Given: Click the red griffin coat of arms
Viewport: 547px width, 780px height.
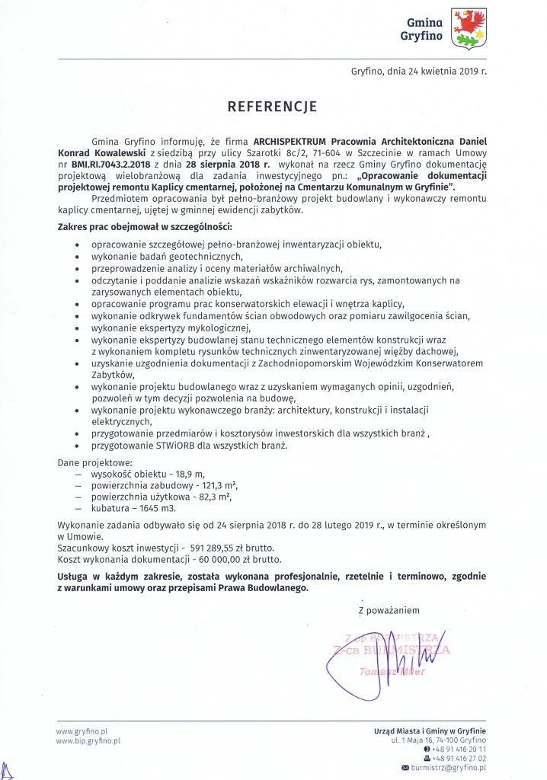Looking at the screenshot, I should point(469,28).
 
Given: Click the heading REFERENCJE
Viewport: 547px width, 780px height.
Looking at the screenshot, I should point(272,107).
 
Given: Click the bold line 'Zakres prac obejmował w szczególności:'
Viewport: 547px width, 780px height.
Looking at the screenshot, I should point(146,228).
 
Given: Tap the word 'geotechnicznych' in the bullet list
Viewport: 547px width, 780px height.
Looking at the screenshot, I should point(182,257).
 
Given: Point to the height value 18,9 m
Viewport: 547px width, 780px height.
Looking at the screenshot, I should point(190,473).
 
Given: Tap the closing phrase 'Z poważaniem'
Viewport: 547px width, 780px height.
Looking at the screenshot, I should point(389,610).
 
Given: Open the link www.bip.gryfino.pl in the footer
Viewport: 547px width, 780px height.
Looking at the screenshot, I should point(88,740).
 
